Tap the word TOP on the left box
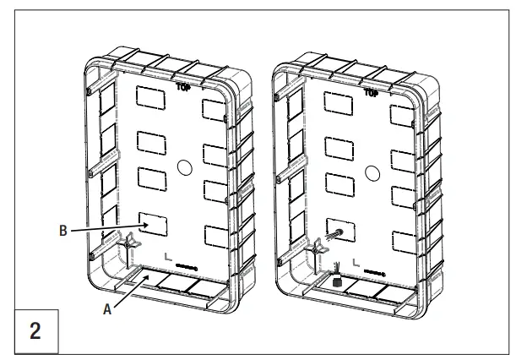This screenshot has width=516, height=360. click(x=183, y=86)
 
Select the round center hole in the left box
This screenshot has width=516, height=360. click(x=184, y=168)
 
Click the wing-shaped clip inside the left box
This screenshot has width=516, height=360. click(x=128, y=243)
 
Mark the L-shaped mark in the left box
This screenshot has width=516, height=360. click(x=168, y=256)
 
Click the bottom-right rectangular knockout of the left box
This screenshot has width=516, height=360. click(x=217, y=234)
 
